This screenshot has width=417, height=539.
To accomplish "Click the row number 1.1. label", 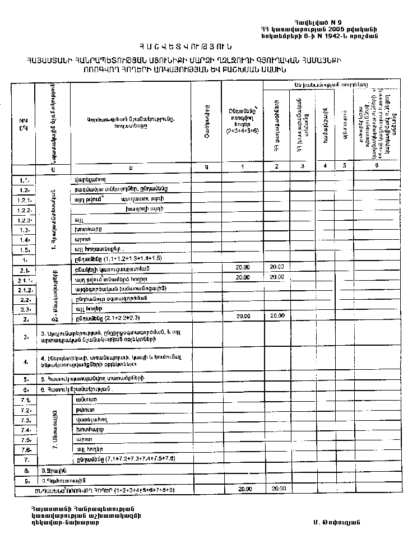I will coord(24,180).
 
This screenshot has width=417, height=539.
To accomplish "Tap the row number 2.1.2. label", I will coord(24,290).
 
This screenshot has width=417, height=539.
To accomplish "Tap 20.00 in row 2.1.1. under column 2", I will coord(277,278).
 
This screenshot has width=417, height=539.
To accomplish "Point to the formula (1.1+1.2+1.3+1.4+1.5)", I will coord(128,258).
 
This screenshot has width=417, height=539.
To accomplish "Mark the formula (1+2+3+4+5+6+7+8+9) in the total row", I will coord(145,490).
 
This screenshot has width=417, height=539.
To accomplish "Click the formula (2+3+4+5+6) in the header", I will coord(242,131).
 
